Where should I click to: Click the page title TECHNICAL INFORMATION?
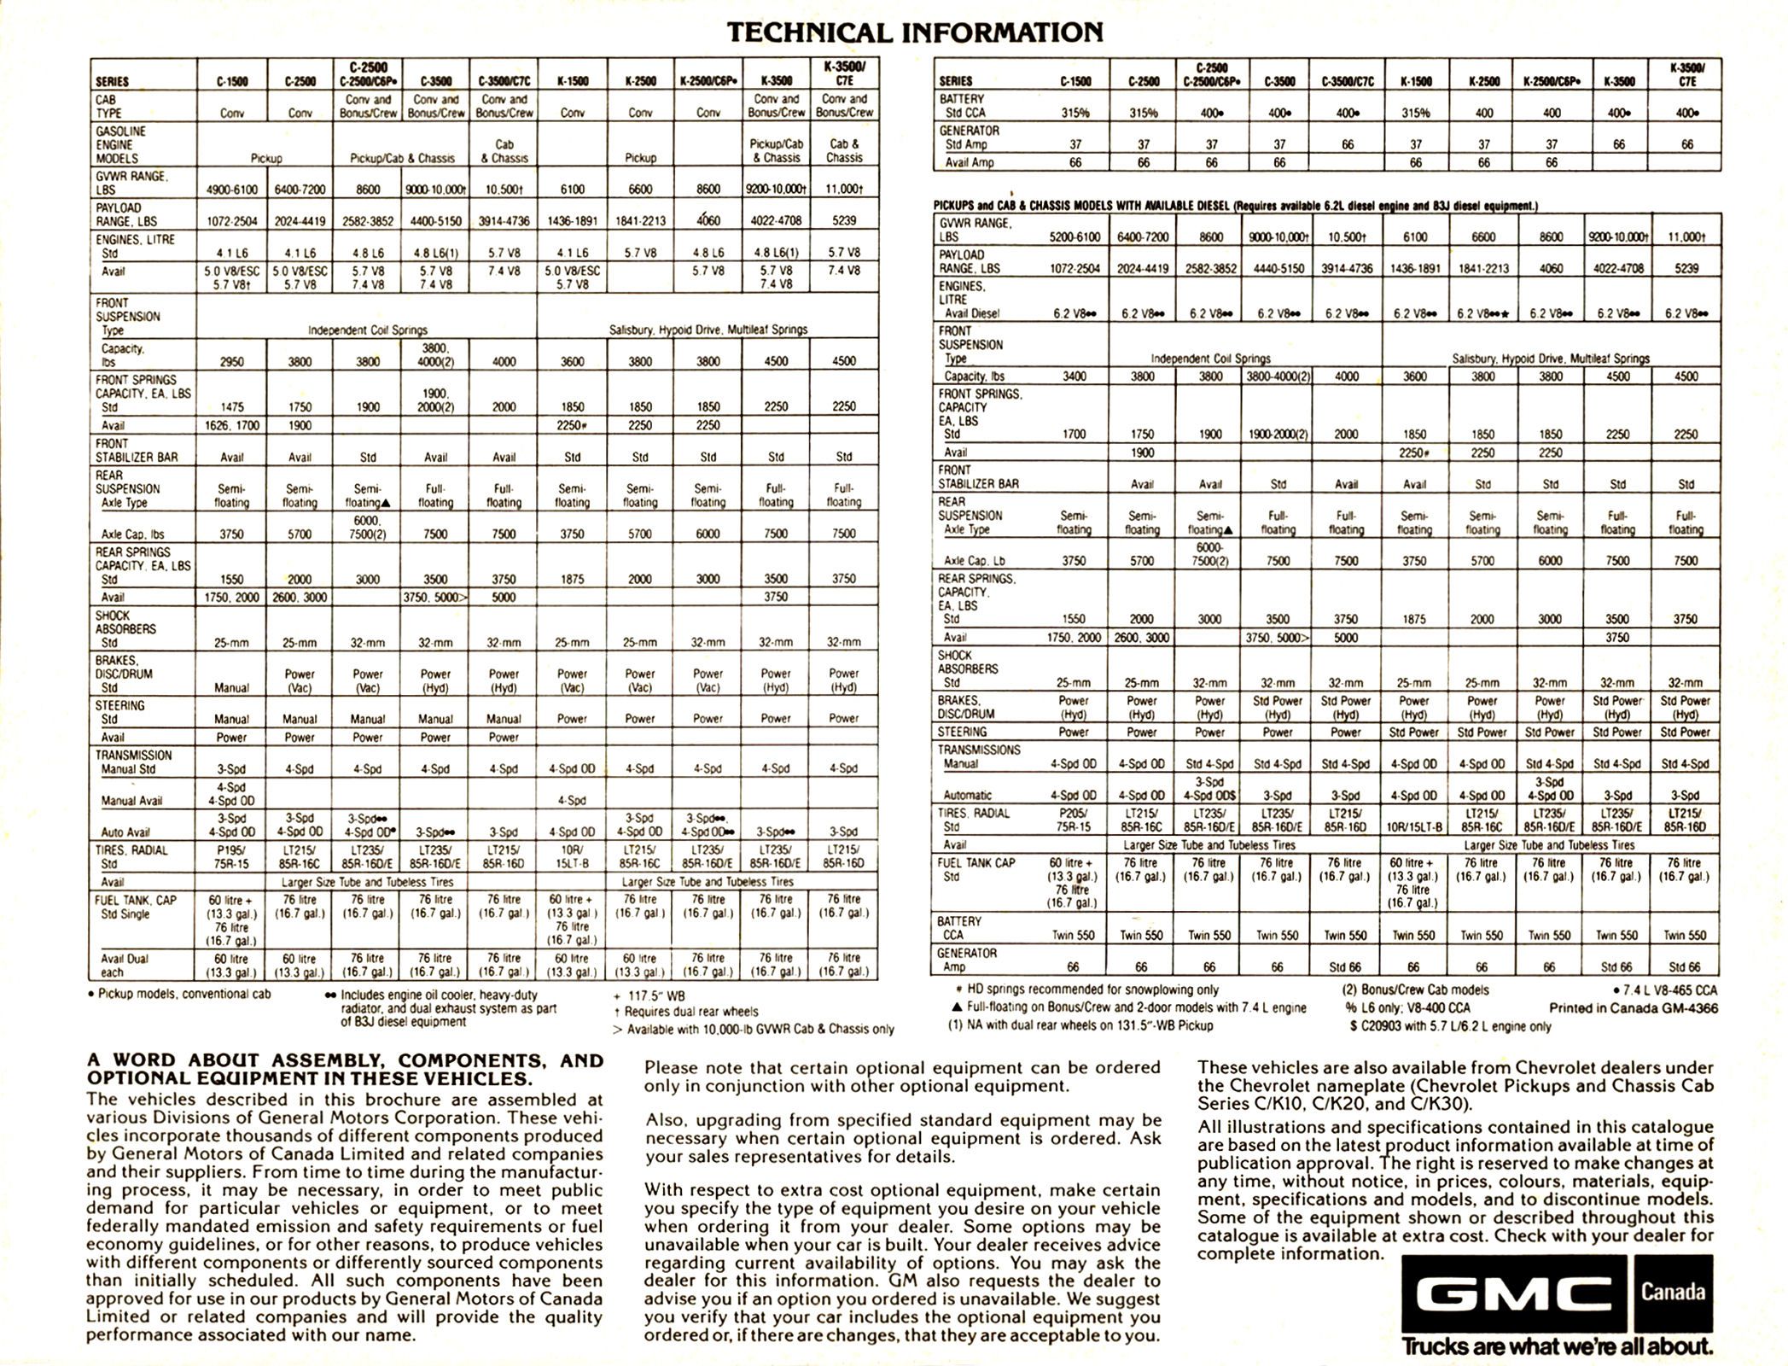(914, 32)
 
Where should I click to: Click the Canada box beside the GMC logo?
(1672, 1291)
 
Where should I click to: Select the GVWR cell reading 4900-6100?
(231, 190)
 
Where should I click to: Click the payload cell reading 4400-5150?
(435, 221)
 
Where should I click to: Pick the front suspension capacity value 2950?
(231, 362)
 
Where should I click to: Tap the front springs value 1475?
(231, 407)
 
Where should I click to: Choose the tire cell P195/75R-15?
(231, 856)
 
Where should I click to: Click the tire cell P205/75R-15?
(1074, 820)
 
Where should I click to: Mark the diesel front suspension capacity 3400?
(1074, 377)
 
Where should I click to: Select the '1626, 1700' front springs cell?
(231, 425)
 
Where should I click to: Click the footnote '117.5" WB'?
(649, 995)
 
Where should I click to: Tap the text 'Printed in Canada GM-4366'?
(1634, 1008)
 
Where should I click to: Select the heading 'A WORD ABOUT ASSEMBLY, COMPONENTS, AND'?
(345, 1061)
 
